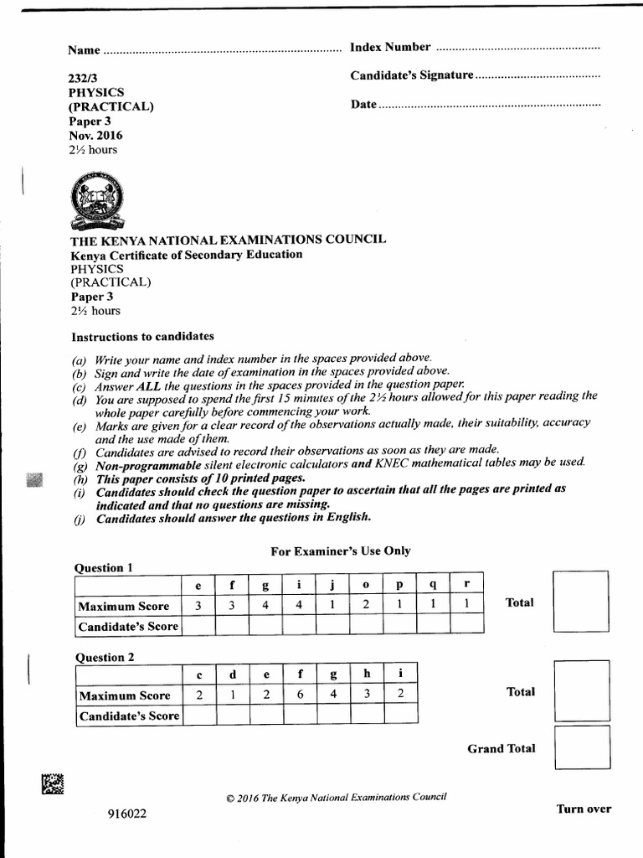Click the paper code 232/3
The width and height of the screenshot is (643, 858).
(83, 78)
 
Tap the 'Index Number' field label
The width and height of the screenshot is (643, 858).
(390, 47)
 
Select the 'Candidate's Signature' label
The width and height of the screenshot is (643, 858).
(412, 75)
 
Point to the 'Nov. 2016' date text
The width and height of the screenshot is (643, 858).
(95, 135)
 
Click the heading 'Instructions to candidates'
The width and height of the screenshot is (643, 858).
(142, 336)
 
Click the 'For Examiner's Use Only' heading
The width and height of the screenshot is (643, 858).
(340, 550)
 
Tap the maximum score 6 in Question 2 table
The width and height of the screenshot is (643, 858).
(300, 695)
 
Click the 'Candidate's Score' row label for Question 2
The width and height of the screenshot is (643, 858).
(128, 716)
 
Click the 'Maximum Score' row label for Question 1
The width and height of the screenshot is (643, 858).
(124, 606)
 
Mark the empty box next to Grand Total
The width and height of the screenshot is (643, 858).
(581, 748)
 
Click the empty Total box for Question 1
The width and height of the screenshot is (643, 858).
(580, 602)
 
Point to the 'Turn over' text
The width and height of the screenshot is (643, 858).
(584, 809)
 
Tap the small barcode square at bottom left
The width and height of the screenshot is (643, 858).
(53, 783)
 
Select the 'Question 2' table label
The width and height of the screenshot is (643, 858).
(105, 657)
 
